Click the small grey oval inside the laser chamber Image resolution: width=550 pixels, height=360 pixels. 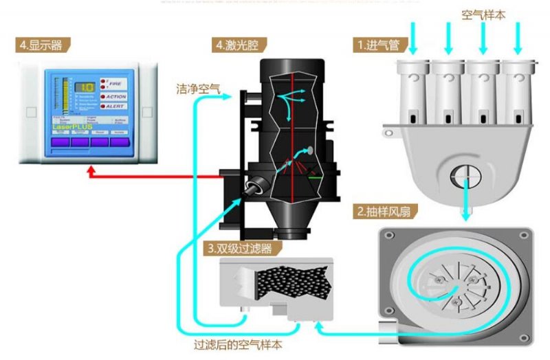click(x=309, y=150)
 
